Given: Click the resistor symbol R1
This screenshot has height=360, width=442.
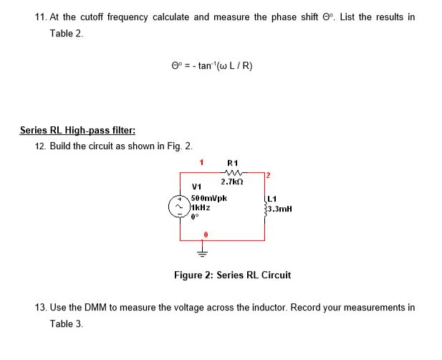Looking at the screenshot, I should point(232,173).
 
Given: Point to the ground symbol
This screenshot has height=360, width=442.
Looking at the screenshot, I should point(202,252).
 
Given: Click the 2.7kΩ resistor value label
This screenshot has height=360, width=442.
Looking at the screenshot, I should point(231,184).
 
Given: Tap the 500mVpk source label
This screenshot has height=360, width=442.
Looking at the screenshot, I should point(210,197).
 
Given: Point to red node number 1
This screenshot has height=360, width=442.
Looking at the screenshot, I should point(201,162).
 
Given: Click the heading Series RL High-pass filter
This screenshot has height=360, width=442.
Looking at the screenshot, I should point(77,131).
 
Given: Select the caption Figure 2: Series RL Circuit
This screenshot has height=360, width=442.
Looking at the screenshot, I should point(232,275).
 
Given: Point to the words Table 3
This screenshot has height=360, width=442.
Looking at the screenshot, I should point(66,323).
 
